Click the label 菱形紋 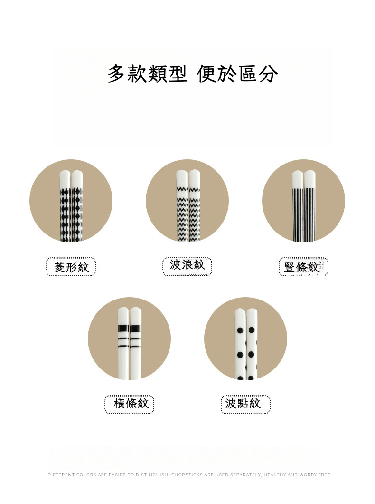pos(71,267)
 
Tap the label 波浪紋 pos(187,265)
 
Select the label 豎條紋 pos(302,267)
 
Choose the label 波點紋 pos(243,404)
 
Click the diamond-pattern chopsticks pos(71,209)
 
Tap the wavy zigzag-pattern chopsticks pos(188,209)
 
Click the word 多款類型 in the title pos(148,74)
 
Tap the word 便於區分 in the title pos(237,74)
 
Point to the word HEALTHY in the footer pos(274,475)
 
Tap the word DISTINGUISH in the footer pos(152,475)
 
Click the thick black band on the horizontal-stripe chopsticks pos(130,328)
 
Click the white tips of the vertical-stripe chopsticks pos(304,178)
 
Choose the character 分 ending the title pos(269,74)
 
